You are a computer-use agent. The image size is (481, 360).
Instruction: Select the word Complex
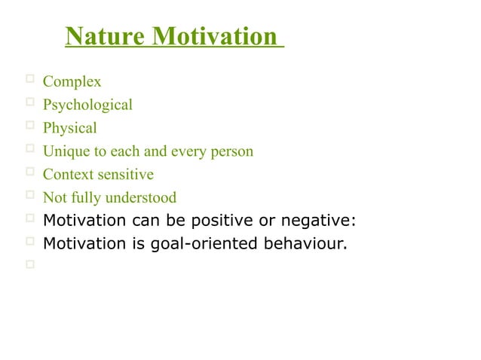point(72,81)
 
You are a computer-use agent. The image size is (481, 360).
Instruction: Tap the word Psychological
point(87,105)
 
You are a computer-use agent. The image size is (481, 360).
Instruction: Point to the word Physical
point(69,128)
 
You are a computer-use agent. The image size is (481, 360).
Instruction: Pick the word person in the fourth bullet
point(231,151)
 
